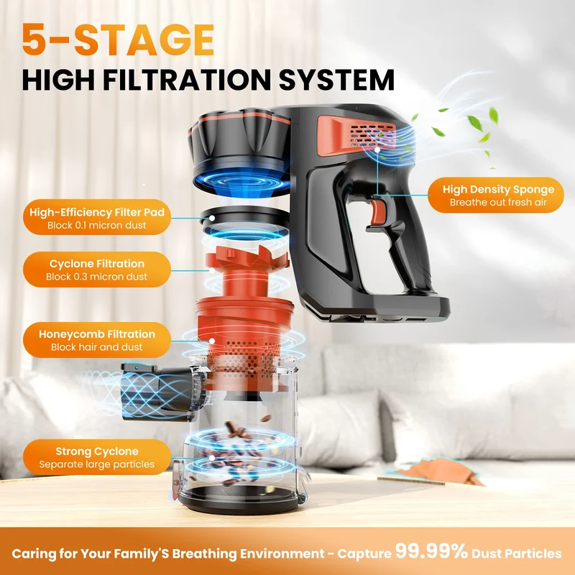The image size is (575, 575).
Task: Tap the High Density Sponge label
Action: [x=496, y=195]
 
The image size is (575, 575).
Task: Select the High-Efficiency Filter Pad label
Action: [x=97, y=218]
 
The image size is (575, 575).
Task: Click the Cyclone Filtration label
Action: [x=97, y=270]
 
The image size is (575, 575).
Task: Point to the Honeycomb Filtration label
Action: [x=97, y=340]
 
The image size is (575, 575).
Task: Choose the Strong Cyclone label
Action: [x=97, y=457]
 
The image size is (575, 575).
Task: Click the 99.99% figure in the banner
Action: [x=431, y=551]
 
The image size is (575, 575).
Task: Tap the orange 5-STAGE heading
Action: [x=118, y=40]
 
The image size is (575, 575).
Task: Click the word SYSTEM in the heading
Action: [x=336, y=80]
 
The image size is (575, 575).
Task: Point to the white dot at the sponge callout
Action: [x=378, y=149]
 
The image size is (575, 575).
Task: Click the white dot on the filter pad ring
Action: [x=212, y=218]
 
